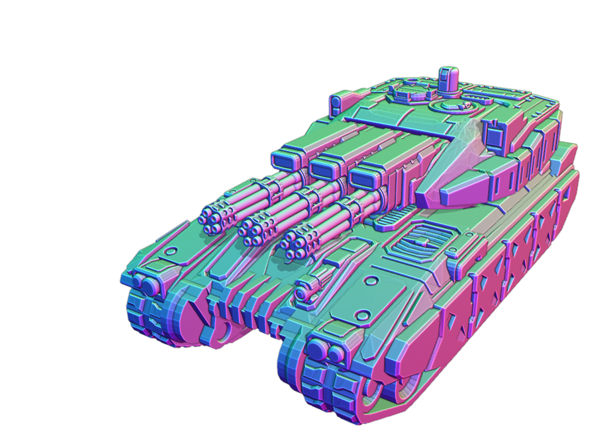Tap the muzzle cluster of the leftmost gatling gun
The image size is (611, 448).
click(214, 218)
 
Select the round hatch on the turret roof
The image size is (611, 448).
click(446, 104)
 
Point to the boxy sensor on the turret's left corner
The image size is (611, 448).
click(336, 102)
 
